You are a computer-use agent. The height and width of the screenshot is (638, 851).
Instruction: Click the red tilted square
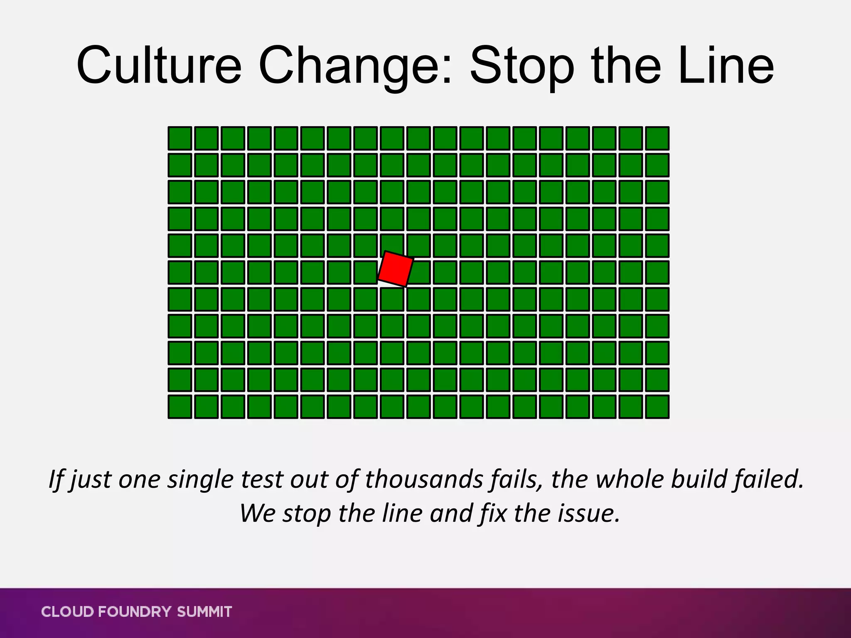coord(396,269)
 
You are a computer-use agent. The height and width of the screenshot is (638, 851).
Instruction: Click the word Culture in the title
coord(159,66)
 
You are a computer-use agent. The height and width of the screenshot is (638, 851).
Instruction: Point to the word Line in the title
coord(725,66)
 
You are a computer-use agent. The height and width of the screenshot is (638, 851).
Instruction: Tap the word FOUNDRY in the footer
coord(135,612)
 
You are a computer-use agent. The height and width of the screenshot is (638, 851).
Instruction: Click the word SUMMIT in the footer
coord(204,612)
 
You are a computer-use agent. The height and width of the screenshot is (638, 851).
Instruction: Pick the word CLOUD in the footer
coord(68,612)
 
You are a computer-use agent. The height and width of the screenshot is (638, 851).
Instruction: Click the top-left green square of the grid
coord(180,138)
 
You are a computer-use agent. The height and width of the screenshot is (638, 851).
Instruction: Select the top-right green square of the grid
coord(657,138)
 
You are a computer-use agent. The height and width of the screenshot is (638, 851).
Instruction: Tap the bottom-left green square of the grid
coord(180,406)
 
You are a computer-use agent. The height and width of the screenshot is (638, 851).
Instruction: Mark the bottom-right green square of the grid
coord(657,406)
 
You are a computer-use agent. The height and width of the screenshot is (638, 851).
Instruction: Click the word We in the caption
coord(257,513)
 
